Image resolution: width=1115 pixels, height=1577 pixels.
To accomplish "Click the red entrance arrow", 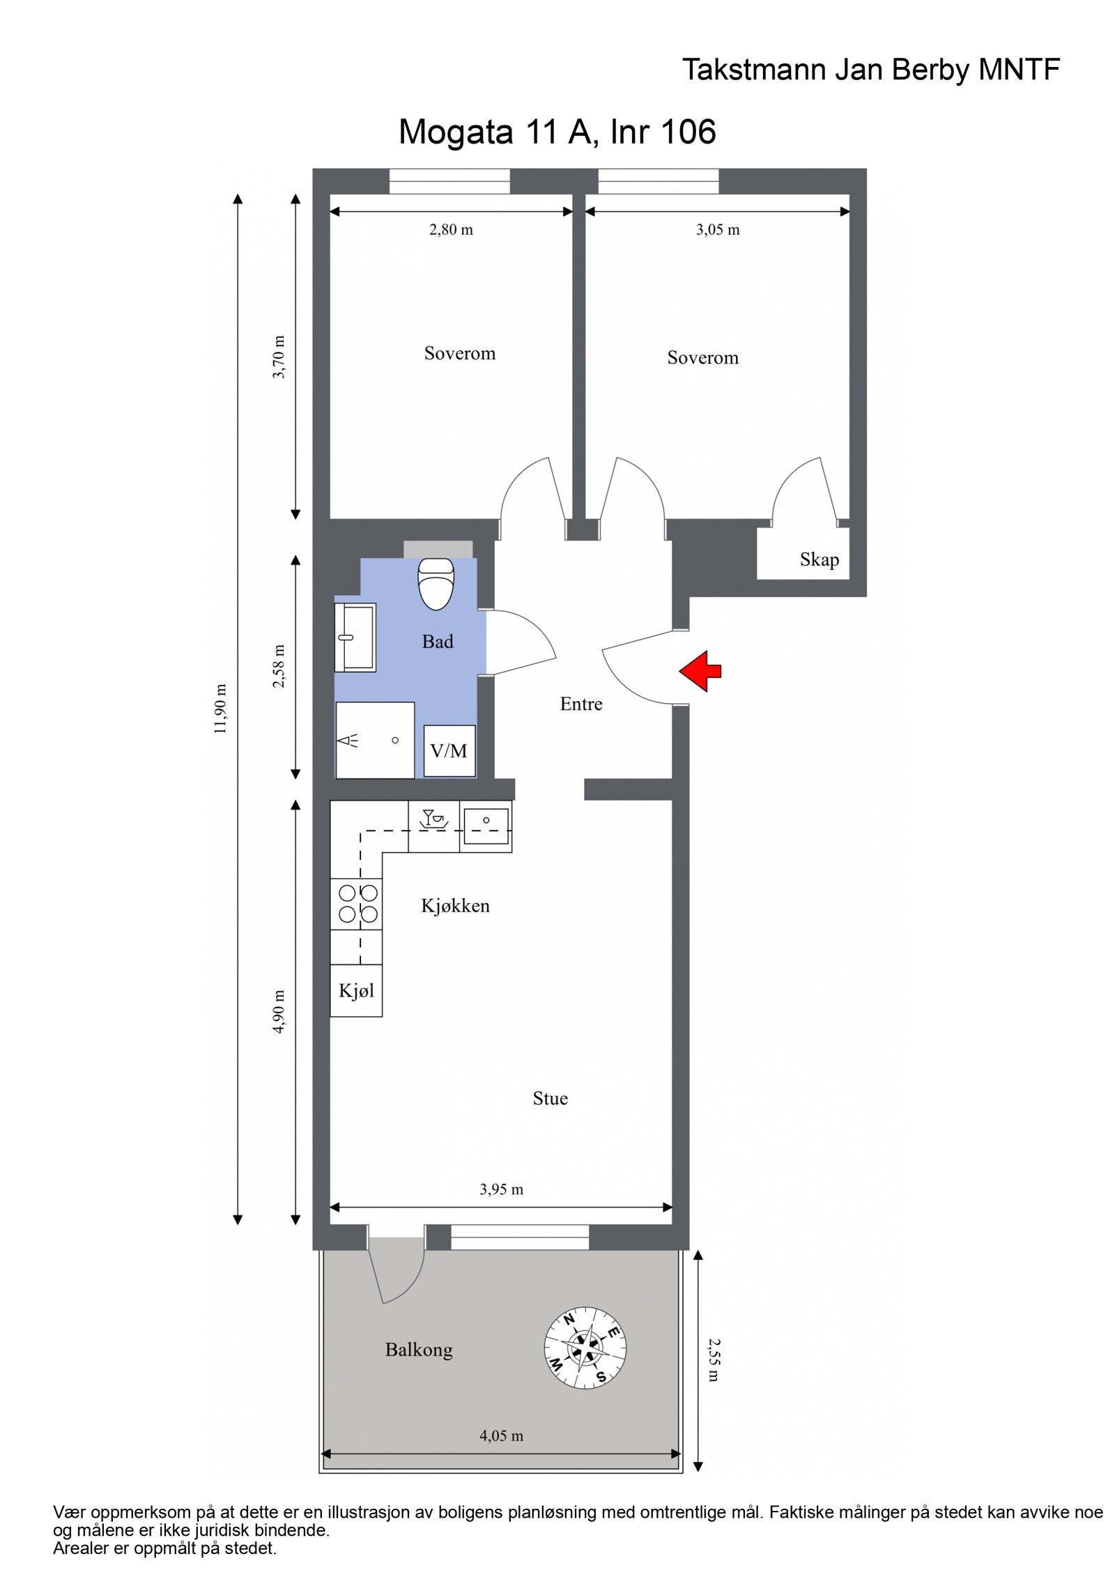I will (700, 671).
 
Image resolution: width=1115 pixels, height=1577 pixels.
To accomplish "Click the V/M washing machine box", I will (449, 751).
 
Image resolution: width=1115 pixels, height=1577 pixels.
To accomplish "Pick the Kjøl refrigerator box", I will (356, 990).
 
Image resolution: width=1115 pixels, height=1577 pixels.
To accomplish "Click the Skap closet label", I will (819, 560).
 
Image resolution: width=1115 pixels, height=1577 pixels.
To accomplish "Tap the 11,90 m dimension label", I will (221, 708).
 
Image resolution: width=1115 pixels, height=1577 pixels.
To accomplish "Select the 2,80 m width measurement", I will (451, 230).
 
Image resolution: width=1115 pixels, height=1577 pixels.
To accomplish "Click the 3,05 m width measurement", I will (718, 230).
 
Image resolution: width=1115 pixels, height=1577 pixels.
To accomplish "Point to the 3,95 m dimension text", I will (501, 1190).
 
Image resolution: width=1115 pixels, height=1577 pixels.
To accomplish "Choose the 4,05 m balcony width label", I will (501, 1436).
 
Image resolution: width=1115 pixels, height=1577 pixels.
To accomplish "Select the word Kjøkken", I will (455, 906).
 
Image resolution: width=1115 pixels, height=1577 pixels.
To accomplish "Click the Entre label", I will (580, 704).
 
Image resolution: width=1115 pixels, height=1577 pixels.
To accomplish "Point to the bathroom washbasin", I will (355, 637).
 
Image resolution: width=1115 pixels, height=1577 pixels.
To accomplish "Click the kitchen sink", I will (486, 826).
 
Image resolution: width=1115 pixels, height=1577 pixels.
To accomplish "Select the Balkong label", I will (419, 1350).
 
